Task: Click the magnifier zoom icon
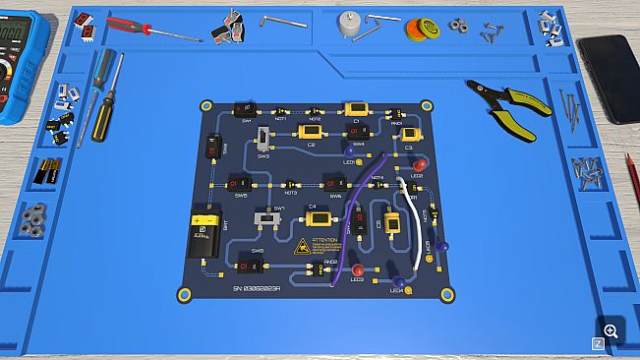611,331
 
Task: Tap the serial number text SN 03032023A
258,288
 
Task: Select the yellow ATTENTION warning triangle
303,246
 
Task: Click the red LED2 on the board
418,164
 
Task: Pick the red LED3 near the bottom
358,269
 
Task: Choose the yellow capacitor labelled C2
313,131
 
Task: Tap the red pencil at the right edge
632,177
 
